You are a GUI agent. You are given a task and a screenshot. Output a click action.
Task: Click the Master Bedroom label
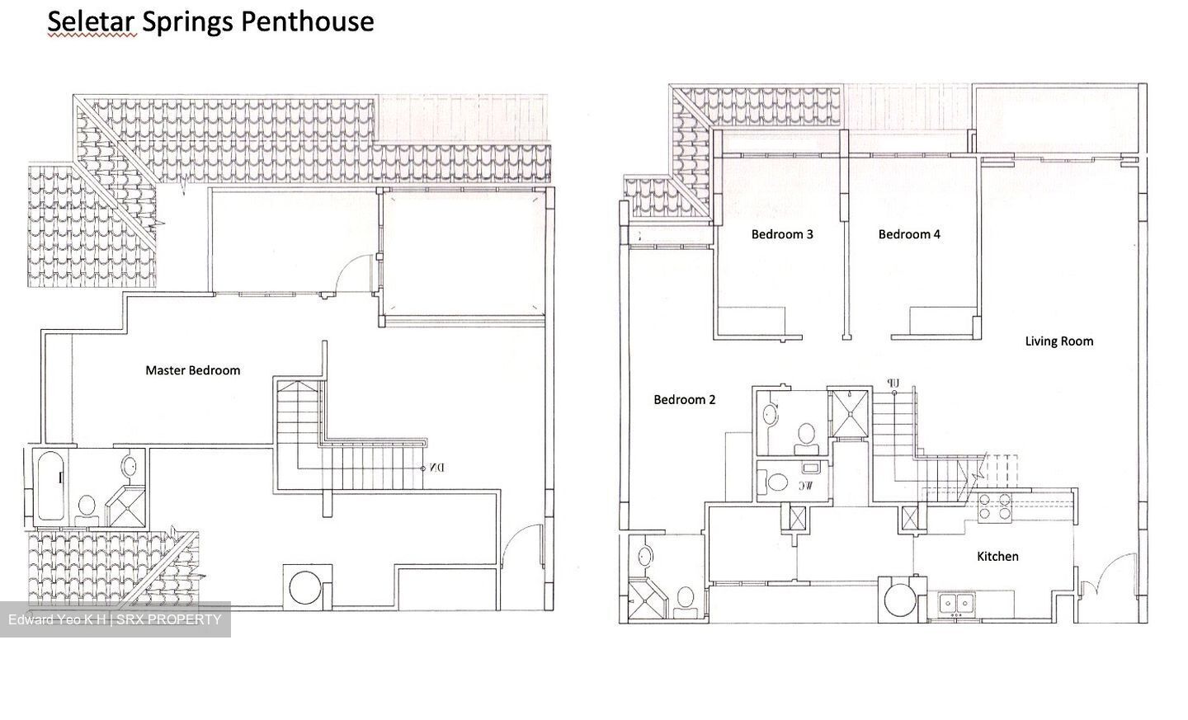tap(192, 370)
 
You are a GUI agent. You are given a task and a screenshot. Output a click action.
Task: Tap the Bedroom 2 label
tap(684, 400)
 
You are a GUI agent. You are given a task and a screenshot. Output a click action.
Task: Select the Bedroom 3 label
tap(781, 234)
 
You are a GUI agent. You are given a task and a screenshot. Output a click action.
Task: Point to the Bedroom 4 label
tap(908, 234)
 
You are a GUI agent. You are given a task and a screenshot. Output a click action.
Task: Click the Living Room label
tap(1058, 341)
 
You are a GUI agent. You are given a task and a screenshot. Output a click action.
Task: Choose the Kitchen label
tap(997, 557)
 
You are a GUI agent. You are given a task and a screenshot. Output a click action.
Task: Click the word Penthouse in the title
tap(307, 21)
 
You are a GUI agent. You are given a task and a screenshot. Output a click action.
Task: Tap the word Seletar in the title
tap(91, 21)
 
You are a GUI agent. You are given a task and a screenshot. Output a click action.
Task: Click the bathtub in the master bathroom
tap(49, 486)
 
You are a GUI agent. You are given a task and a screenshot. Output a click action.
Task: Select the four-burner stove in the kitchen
tap(994, 506)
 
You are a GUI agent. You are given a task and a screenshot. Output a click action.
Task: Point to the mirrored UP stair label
tap(892, 383)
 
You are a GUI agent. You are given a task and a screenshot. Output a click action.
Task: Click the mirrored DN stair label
tap(436, 468)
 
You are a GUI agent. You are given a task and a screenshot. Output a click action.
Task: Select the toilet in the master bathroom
tap(86, 506)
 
